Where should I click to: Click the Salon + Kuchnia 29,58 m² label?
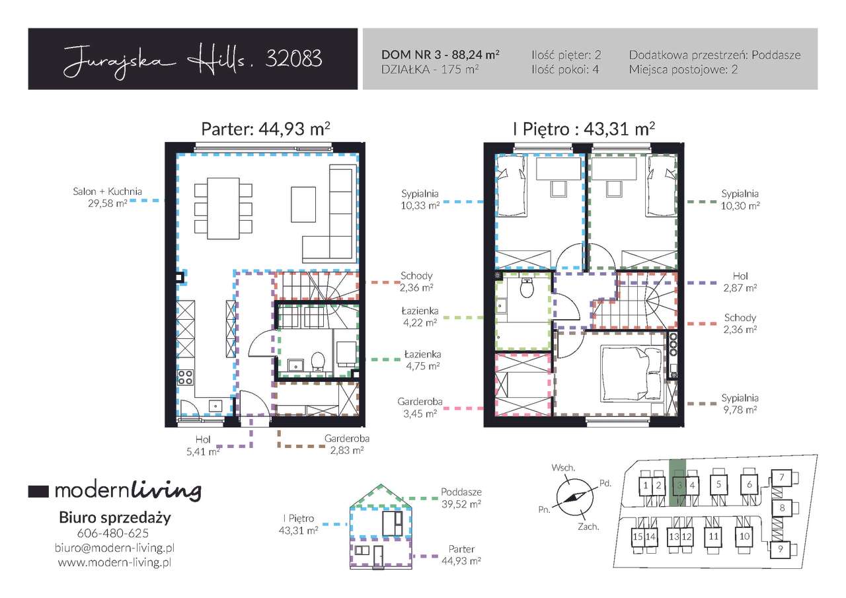(108, 198)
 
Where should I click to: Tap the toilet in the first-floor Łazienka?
(527, 288)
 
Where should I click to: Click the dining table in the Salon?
(223, 208)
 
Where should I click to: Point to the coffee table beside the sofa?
(303, 204)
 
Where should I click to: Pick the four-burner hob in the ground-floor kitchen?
(185, 377)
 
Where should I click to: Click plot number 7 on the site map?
(782, 478)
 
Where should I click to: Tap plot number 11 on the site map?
(713, 537)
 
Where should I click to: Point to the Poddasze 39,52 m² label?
(461, 498)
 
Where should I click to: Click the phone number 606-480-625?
(113, 533)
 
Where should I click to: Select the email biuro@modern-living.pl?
(114, 548)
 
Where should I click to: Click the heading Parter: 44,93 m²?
(266, 129)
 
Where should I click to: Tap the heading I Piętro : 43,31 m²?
(584, 129)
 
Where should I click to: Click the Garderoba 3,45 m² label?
(420, 408)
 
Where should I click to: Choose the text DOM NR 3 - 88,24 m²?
(440, 55)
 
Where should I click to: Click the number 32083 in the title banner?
(294, 59)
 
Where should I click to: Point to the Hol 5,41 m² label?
(203, 445)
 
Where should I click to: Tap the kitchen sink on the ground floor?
(215, 406)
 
